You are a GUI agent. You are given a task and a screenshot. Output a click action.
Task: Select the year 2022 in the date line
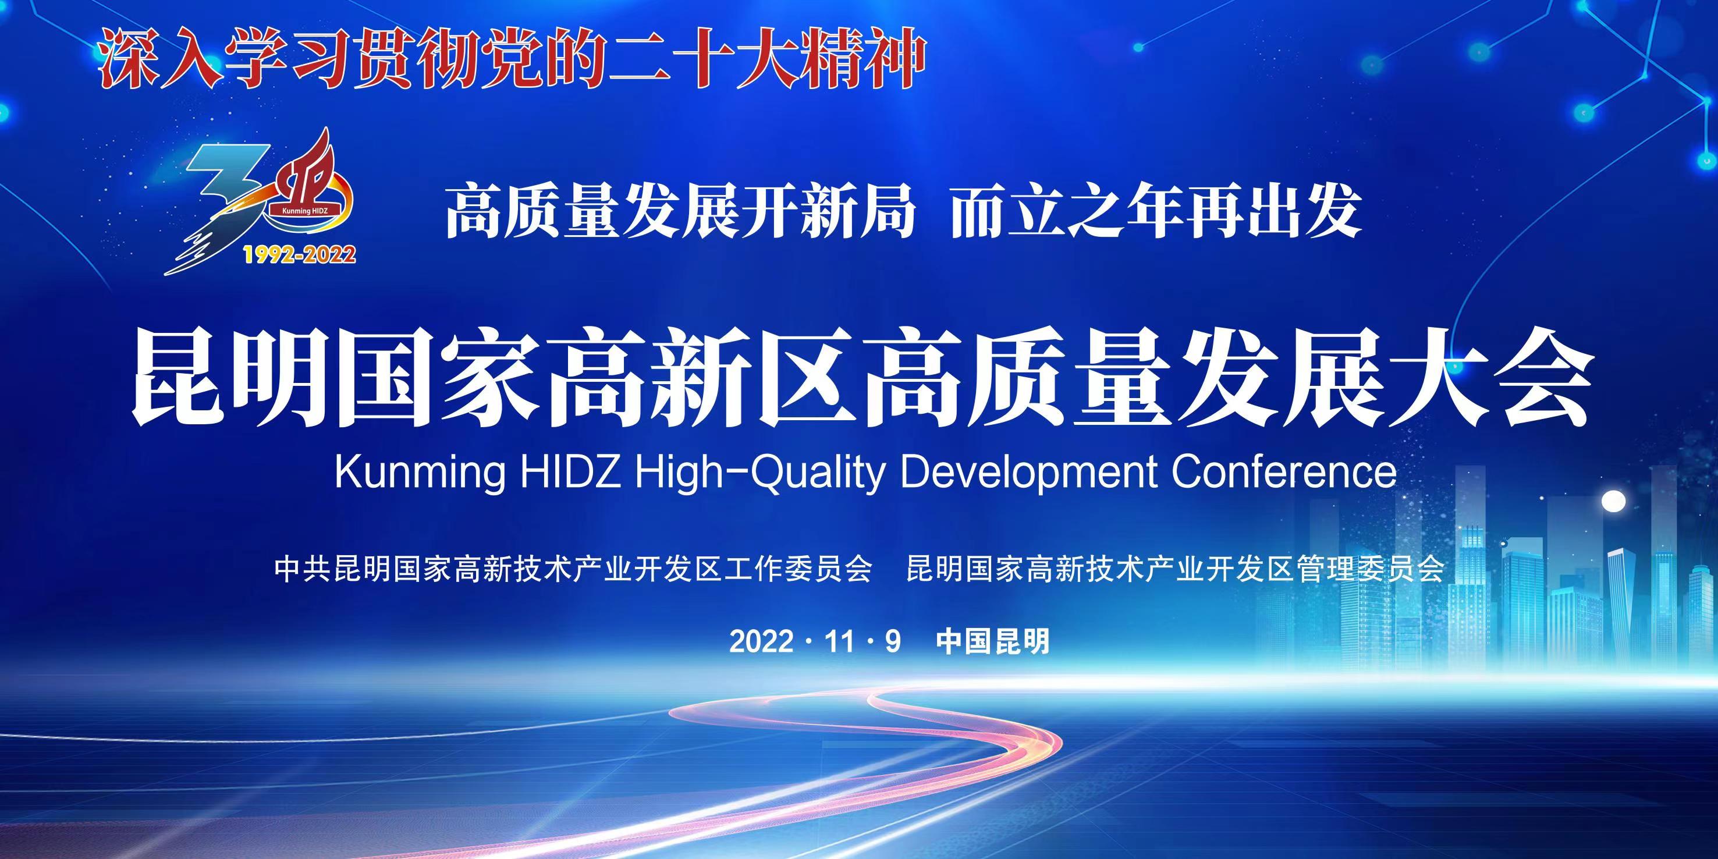762,641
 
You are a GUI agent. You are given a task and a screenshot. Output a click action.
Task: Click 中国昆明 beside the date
993,641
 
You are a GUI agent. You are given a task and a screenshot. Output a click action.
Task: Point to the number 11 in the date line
839,641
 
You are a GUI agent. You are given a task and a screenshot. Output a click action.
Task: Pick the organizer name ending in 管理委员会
1175,569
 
